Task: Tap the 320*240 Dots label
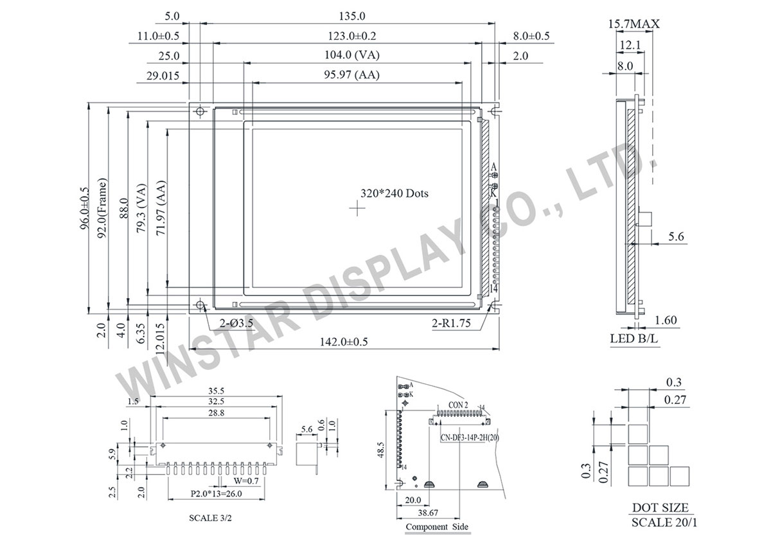click(394, 193)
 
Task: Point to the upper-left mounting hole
click(200, 112)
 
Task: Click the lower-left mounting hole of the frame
click(200, 304)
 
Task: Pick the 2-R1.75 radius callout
click(452, 324)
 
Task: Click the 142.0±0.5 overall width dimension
click(345, 342)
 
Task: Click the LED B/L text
click(634, 339)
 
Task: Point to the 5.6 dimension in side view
click(675, 237)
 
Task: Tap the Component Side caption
click(436, 527)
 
